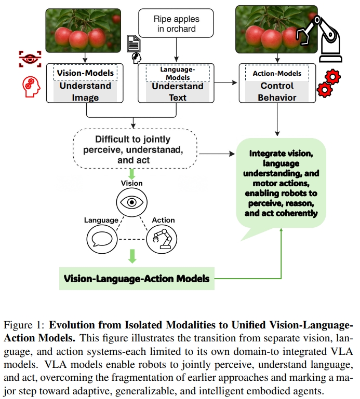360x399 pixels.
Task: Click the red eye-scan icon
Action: [29, 59]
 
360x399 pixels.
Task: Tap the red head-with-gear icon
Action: [31, 86]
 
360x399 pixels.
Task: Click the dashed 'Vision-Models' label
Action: [85, 73]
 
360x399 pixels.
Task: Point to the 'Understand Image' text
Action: [85, 91]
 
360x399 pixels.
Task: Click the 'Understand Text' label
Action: [177, 91]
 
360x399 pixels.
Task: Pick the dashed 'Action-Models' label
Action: [277, 73]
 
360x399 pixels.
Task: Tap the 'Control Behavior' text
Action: [277, 91]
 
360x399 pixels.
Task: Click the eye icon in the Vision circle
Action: [131, 202]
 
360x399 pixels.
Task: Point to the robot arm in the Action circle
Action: [162, 239]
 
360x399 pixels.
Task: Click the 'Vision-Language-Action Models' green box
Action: [137, 279]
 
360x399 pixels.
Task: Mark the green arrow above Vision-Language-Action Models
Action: [132, 256]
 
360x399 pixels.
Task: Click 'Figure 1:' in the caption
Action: [24, 326]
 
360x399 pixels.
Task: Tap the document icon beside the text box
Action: [133, 43]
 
